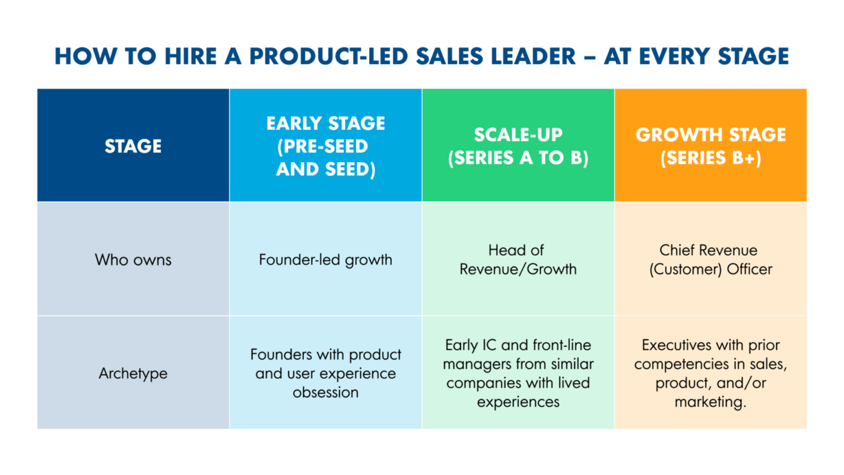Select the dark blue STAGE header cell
(x=133, y=146)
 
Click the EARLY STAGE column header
(x=325, y=146)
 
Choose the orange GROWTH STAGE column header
(x=710, y=146)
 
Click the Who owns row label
(x=133, y=259)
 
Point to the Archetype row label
(x=133, y=373)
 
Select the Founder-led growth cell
(x=325, y=259)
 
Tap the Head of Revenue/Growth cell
(x=518, y=259)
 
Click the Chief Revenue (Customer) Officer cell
(x=710, y=259)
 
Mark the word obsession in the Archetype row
(x=325, y=392)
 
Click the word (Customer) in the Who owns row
(x=683, y=269)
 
